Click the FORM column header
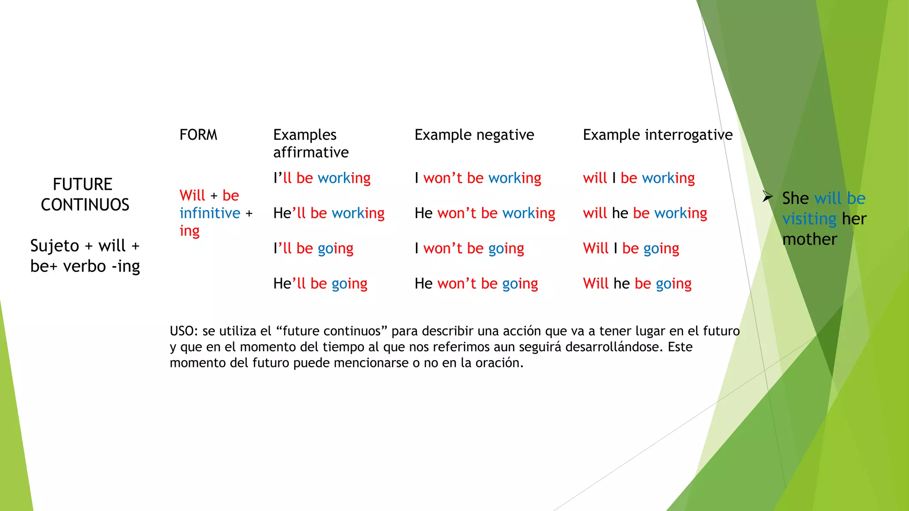point(198,134)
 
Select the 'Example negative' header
point(474,134)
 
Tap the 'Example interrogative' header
point(657,134)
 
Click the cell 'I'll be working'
point(322,178)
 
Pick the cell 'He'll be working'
point(328,213)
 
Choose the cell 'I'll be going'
point(313,248)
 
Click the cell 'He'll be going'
point(320,283)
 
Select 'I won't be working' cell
point(478,178)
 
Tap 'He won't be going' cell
point(476,283)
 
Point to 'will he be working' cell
point(644,213)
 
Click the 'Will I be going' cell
point(631,248)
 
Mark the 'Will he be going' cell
point(637,283)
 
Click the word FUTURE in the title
point(83,184)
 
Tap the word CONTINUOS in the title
point(85,204)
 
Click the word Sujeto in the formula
point(55,246)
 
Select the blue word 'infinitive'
point(209,213)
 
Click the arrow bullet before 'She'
point(767,196)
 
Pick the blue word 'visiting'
point(809,219)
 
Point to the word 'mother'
point(809,240)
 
